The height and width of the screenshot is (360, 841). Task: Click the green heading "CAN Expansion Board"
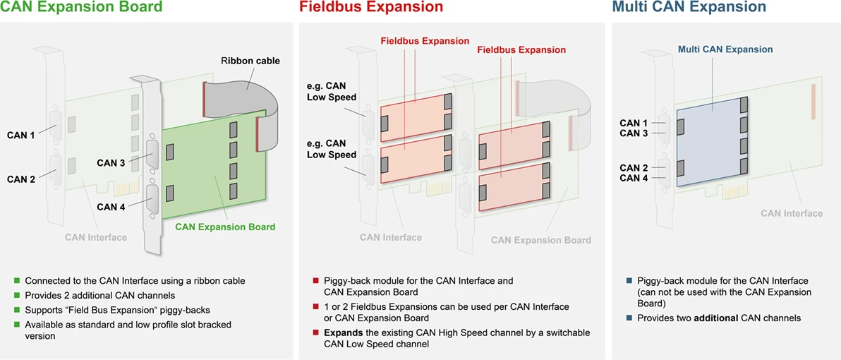pyautogui.click(x=81, y=7)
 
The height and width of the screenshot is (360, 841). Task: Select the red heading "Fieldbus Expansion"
pyautogui.click(x=371, y=7)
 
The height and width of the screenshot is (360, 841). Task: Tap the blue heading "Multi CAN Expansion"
pyautogui.click(x=689, y=7)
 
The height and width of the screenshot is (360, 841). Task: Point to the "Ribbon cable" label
pyautogui.click(x=250, y=61)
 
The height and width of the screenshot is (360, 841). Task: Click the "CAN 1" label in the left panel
pyautogui.click(x=21, y=135)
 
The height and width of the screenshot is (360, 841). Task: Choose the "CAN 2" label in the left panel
pyautogui.click(x=21, y=179)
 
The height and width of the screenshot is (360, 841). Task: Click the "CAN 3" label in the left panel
pyautogui.click(x=111, y=163)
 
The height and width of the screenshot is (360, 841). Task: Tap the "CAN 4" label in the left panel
pyautogui.click(x=111, y=207)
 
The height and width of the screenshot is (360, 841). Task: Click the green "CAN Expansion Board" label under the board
pyautogui.click(x=225, y=227)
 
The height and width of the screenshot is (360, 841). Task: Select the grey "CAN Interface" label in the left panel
pyautogui.click(x=96, y=237)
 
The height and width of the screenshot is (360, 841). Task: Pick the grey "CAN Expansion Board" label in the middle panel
pyautogui.click(x=541, y=240)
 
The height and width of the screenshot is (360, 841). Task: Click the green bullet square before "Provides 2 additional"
pyautogui.click(x=18, y=295)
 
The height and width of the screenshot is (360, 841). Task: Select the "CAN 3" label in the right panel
pyautogui.click(x=634, y=133)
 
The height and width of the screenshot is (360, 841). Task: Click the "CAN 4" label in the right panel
pyautogui.click(x=634, y=178)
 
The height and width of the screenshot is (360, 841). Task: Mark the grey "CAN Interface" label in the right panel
pyautogui.click(x=792, y=213)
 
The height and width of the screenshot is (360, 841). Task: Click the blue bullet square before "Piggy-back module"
pyautogui.click(x=629, y=280)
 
